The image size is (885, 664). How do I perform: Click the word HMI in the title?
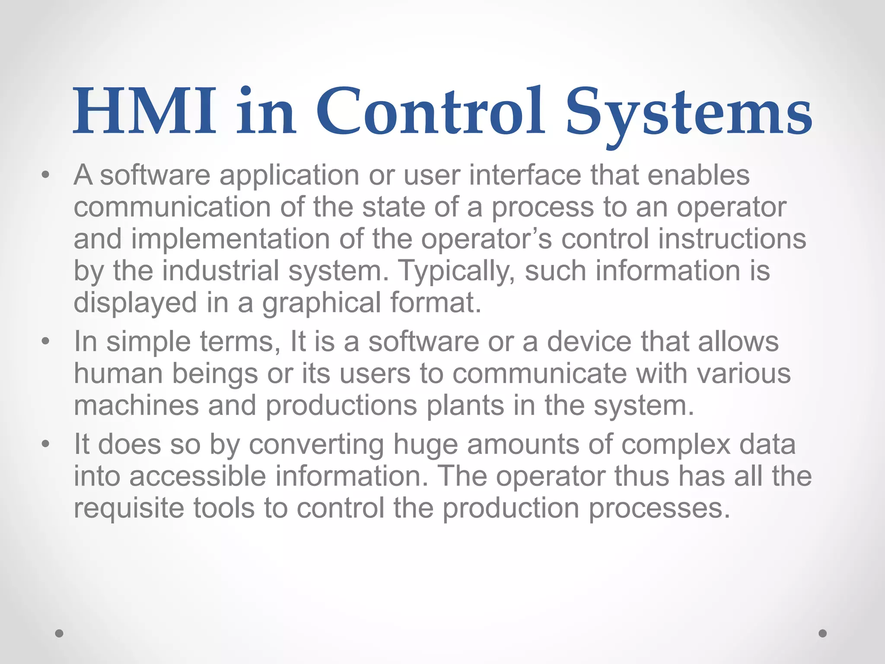(144, 111)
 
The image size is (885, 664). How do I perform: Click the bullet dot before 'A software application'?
(45, 176)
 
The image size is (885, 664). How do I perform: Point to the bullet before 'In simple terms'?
(45, 342)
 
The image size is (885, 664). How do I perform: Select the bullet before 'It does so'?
(45, 444)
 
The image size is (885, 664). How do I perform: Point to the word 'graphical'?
(322, 303)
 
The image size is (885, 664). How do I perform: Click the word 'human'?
(118, 373)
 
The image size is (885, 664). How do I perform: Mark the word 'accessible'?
(197, 476)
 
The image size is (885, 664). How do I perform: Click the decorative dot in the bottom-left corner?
(59, 633)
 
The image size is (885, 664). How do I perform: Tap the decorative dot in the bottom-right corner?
(823, 633)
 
